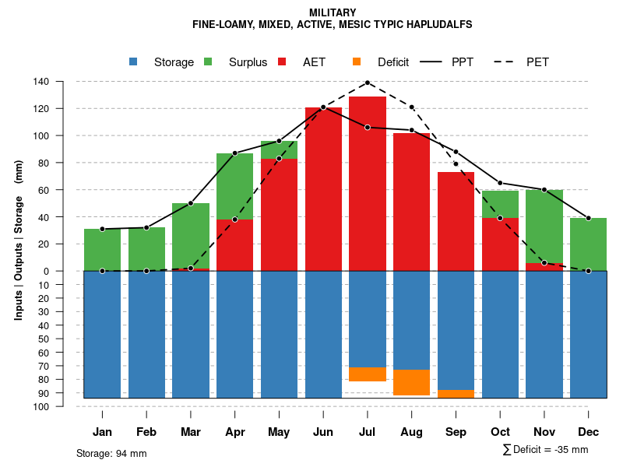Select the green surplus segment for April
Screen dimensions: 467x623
coord(234,186)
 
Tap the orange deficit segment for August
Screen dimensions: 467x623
coord(412,382)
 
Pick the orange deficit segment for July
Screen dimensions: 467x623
coord(368,374)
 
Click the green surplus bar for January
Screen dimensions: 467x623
coord(102,249)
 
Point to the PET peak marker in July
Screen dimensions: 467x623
coord(368,83)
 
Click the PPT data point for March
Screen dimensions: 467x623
coord(191,203)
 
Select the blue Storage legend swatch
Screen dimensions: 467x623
coord(134,62)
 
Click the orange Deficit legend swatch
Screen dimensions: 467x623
coord(357,62)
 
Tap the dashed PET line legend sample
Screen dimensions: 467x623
coord(506,62)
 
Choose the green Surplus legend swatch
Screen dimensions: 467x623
coord(208,62)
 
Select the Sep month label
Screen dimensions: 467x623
coord(456,432)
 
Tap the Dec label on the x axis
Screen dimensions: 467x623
coord(589,432)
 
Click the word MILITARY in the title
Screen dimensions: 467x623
coord(333,12)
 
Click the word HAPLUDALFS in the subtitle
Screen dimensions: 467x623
coord(440,25)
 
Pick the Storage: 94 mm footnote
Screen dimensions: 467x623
coord(111,453)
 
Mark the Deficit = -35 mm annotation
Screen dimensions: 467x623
coord(546,450)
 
